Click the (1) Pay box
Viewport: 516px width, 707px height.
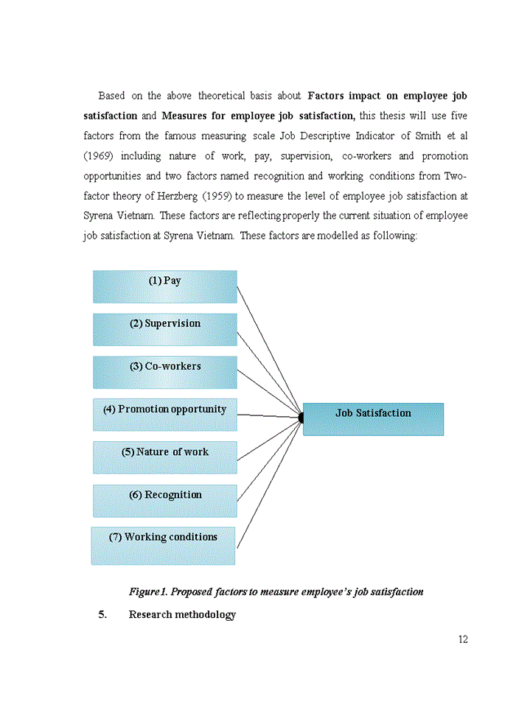(x=164, y=286)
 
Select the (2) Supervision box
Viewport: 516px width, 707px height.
(x=164, y=329)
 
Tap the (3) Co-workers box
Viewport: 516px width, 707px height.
(x=164, y=372)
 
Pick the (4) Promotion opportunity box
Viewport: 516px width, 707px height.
(x=164, y=414)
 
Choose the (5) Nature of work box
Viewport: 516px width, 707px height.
(x=164, y=457)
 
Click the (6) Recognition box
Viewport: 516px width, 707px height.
(x=164, y=500)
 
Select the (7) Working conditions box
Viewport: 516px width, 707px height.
(x=163, y=545)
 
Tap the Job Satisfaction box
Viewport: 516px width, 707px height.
(x=373, y=418)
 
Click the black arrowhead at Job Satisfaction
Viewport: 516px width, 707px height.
(x=301, y=418)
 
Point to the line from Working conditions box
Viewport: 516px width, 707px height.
(x=269, y=482)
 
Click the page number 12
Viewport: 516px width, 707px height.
(x=463, y=639)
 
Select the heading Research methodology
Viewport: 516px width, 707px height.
(x=182, y=614)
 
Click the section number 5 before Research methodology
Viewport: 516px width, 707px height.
(x=102, y=614)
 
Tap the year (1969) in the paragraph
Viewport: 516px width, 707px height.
(x=97, y=156)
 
